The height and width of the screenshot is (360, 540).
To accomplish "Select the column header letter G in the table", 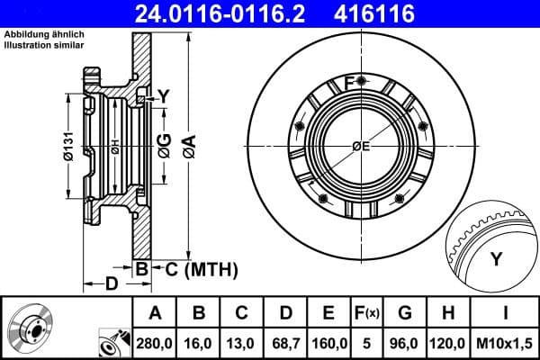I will tap(405, 313).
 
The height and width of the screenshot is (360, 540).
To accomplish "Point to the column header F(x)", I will tap(367, 313).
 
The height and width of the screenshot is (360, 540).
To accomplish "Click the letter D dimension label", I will tap(112, 285).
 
